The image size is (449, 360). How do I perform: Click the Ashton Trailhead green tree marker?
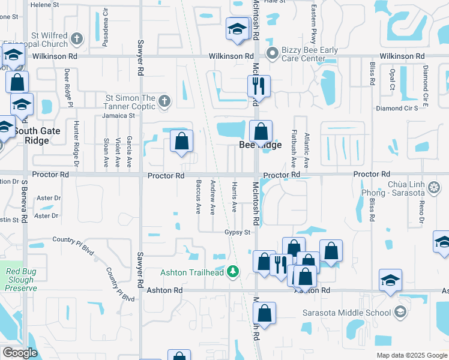[x=234, y=272]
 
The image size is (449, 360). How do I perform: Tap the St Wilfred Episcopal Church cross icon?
[x=76, y=40]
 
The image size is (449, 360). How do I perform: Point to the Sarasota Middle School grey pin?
[x=400, y=312]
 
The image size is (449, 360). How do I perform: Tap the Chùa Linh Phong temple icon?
[x=433, y=188]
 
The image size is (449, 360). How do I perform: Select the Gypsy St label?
[x=237, y=232]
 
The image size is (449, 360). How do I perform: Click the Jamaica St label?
[x=118, y=115]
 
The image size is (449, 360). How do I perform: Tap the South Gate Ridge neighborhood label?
[x=40, y=136]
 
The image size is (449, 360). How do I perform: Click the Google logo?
[x=20, y=353]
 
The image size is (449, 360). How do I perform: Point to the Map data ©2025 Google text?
[x=412, y=355]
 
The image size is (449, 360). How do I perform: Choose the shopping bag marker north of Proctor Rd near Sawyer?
[x=181, y=142]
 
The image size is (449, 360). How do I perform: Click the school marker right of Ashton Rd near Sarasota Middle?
[x=390, y=280]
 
